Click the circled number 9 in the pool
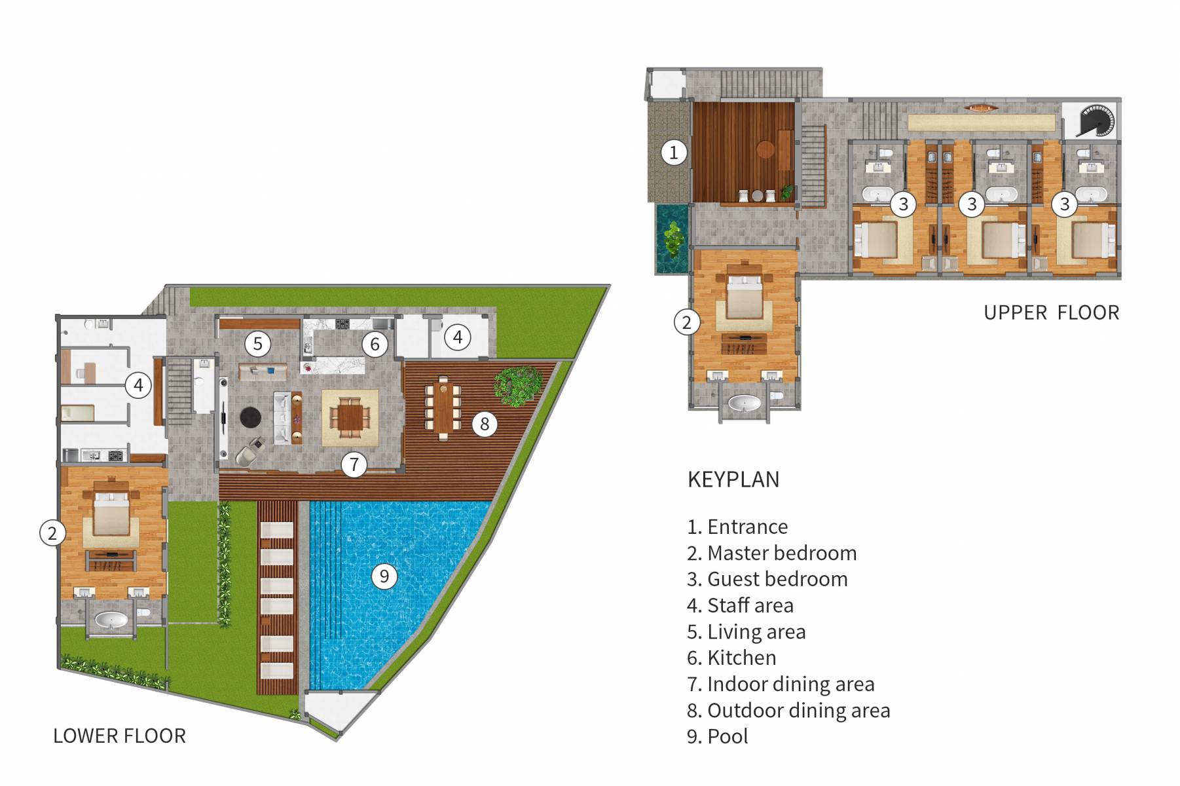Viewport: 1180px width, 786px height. [384, 576]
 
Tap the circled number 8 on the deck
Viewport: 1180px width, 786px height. [485, 424]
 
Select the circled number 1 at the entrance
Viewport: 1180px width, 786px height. [674, 153]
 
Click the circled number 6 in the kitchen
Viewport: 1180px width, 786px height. [375, 344]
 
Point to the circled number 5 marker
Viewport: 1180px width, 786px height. [258, 343]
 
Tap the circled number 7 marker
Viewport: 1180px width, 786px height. [354, 464]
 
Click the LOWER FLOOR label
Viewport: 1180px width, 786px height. [119, 736]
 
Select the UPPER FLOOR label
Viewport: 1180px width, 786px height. [1051, 312]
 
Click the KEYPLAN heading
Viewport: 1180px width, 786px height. [733, 479]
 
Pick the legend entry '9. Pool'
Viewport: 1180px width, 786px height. [718, 736]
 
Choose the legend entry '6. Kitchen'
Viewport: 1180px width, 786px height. [731, 658]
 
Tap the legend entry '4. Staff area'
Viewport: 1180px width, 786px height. [740, 605]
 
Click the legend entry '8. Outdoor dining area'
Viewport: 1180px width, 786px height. [788, 710]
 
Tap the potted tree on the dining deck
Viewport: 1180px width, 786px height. [517, 385]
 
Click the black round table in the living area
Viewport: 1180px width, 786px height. [250, 417]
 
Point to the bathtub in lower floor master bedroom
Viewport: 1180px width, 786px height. [111, 620]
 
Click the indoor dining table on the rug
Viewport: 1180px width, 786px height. [350, 417]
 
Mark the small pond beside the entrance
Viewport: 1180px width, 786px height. [673, 238]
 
